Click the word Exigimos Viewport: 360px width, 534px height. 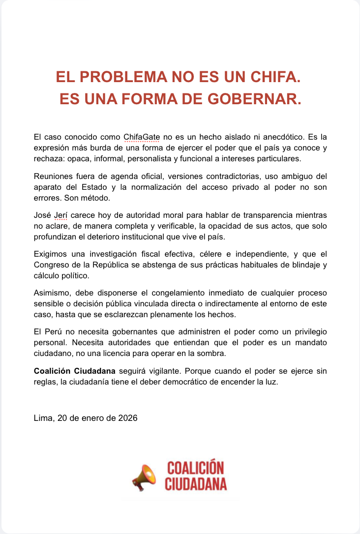pyautogui.click(x=51, y=254)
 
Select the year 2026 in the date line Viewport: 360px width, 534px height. pyautogui.click(x=127, y=418)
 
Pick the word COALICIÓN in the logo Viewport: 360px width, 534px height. pyautogui.click(x=195, y=468)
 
